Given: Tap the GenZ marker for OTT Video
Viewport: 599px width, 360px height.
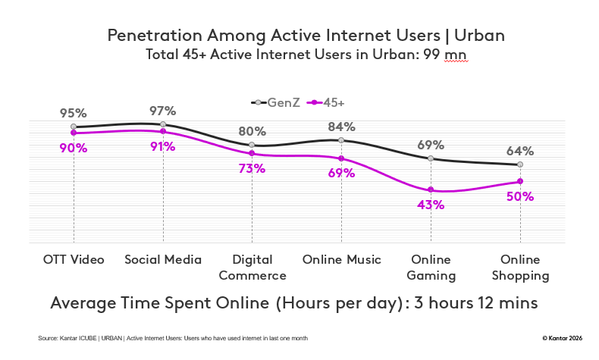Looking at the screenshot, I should (74, 127).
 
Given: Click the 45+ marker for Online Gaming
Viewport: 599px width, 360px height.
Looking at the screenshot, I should (431, 189).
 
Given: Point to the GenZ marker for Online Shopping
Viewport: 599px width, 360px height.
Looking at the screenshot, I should (520, 164).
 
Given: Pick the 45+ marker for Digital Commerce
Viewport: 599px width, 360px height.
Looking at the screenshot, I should (252, 153).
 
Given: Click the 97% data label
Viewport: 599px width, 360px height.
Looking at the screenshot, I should (163, 111).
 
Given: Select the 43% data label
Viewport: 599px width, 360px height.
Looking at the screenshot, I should (431, 205).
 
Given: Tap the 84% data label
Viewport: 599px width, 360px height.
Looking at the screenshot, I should (341, 127).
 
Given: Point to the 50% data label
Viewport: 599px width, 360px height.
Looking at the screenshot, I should (520, 196).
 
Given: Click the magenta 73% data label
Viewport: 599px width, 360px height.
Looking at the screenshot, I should (252, 168).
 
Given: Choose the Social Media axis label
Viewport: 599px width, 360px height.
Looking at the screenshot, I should (163, 260).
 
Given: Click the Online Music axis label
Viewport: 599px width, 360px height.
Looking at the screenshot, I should (341, 260).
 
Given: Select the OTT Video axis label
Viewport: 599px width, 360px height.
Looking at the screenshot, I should (74, 260).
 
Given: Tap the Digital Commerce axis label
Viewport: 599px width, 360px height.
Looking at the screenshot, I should (252, 268).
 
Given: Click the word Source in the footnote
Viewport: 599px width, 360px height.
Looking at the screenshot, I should (49, 337).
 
